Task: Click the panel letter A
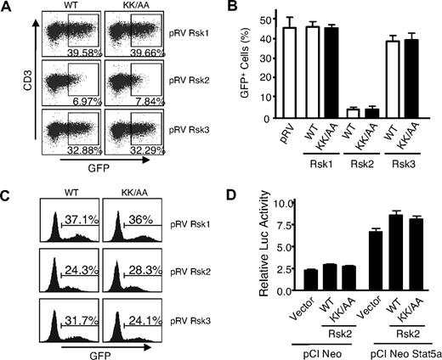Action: click(7, 9)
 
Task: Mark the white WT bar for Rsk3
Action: click(391, 90)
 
